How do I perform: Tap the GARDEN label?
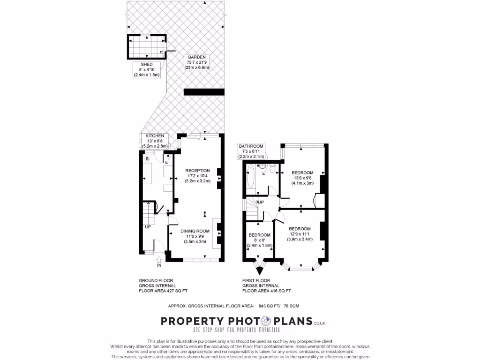point(197,57)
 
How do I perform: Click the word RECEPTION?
point(197,170)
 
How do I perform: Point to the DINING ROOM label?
point(195,231)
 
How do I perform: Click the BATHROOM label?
point(251,146)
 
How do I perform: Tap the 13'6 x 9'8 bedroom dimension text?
point(302,178)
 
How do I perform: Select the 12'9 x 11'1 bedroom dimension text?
point(300,234)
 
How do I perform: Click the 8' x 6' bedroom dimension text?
point(259,240)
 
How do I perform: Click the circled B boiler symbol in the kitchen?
point(147,159)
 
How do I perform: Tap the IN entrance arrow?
point(159,260)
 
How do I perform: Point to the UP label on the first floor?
point(261,202)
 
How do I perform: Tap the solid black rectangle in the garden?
point(203,92)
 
